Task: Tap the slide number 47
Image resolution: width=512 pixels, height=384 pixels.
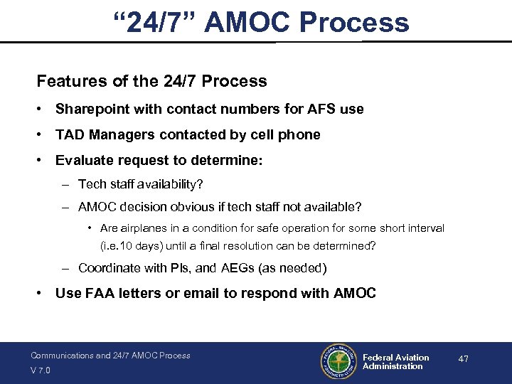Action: pos(463,359)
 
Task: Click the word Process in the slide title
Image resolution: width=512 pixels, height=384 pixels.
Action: pos(354,22)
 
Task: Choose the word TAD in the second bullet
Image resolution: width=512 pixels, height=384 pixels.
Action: pos(69,134)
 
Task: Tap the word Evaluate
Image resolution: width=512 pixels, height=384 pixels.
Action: pos(82,161)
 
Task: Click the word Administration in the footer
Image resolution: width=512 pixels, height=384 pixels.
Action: pos(393,366)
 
